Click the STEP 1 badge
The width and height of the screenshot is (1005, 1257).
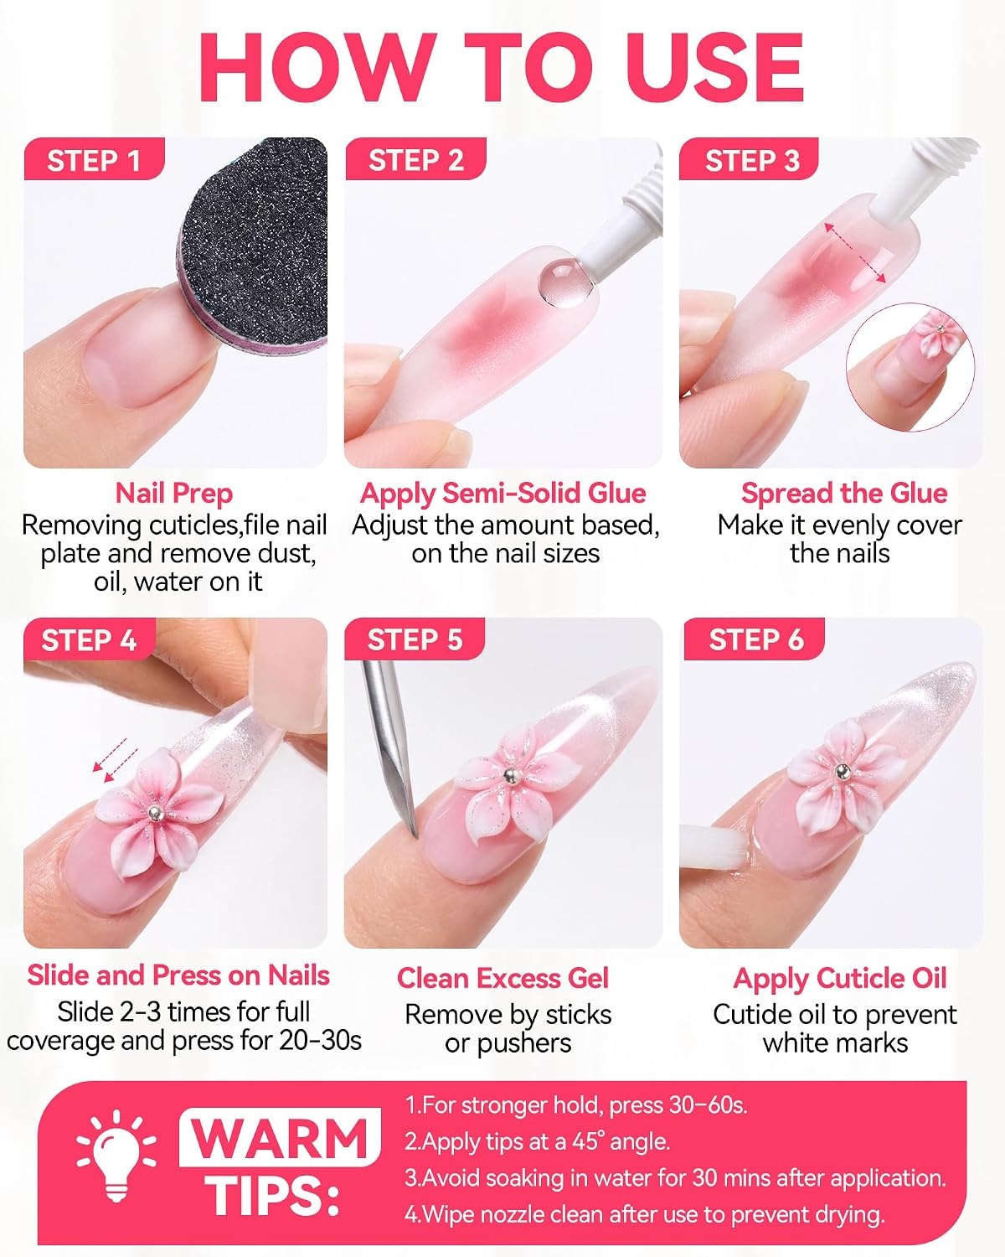[x=94, y=159]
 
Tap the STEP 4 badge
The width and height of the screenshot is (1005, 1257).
[x=90, y=639]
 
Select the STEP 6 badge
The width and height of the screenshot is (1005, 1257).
[x=755, y=639]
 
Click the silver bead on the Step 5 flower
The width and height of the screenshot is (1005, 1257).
[x=509, y=776]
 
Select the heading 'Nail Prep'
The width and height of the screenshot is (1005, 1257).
[x=174, y=494]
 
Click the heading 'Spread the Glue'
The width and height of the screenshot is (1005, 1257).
[x=844, y=494]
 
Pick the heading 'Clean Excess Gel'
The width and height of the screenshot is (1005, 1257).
[x=502, y=979]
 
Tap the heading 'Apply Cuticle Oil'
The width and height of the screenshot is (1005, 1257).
[x=840, y=980]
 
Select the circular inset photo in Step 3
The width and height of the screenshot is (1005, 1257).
[x=910, y=367]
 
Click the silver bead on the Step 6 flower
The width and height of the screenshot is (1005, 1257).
[x=842, y=773]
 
